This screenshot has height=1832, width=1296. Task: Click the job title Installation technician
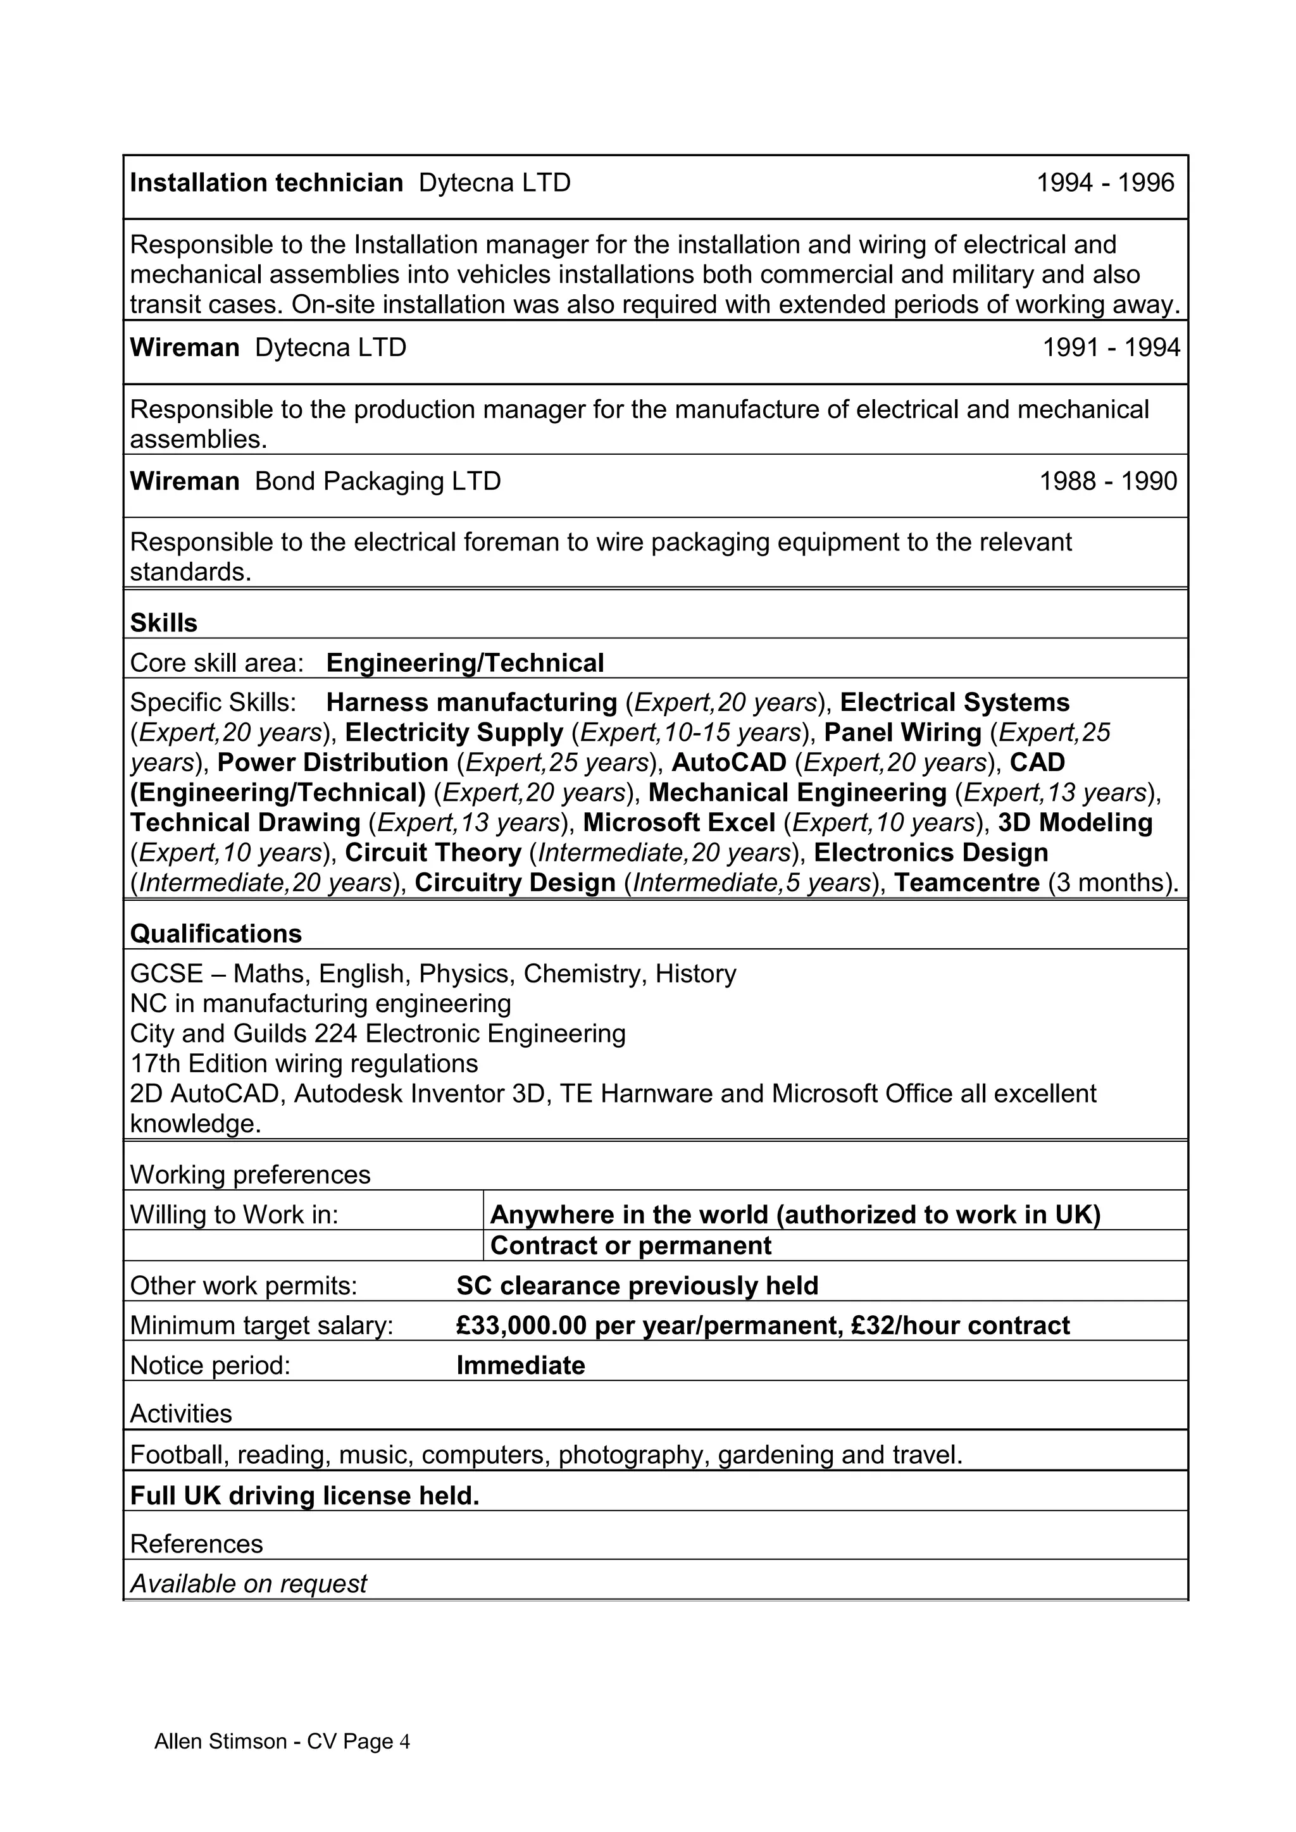266,183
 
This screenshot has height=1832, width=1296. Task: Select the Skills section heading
164,622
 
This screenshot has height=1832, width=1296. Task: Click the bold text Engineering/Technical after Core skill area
464,662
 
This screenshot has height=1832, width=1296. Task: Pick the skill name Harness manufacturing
471,702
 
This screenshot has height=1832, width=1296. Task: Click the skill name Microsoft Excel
679,822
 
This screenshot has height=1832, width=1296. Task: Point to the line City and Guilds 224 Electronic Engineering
377,1033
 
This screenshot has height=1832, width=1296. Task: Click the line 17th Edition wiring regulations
303,1063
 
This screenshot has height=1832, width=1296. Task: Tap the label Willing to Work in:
234,1215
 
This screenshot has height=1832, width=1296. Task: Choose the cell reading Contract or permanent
630,1246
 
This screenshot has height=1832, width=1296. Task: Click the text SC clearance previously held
637,1285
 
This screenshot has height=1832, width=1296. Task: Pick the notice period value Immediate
520,1365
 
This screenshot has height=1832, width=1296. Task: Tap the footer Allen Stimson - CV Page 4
282,1741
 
